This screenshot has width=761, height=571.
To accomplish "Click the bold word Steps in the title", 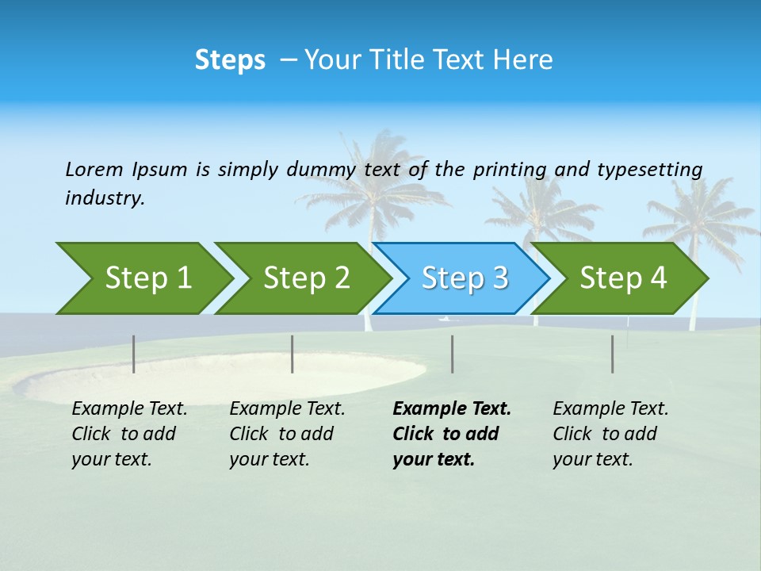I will coord(230,60).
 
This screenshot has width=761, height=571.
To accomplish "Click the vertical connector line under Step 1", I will coord(134,354).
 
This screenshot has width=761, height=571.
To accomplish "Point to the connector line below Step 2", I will coord(293,354).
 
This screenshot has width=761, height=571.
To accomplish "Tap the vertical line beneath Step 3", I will coord(452,354).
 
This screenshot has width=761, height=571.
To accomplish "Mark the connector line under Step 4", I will coord(612,354).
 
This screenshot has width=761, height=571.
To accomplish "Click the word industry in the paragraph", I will coord(104,198).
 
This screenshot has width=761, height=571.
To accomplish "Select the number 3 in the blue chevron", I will coord(499,278).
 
